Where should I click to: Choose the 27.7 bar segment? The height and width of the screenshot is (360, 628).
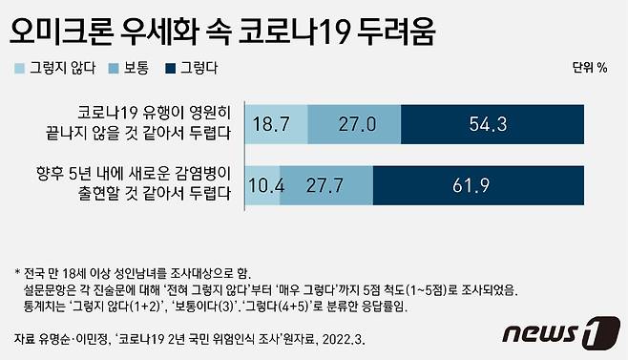tap(325, 185)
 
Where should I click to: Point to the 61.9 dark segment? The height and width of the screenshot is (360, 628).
tap(492, 185)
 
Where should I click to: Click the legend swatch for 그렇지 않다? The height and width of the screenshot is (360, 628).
tap(20, 69)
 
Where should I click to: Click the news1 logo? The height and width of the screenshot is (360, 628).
tap(553, 335)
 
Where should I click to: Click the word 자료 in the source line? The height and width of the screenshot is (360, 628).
tap(27, 339)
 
